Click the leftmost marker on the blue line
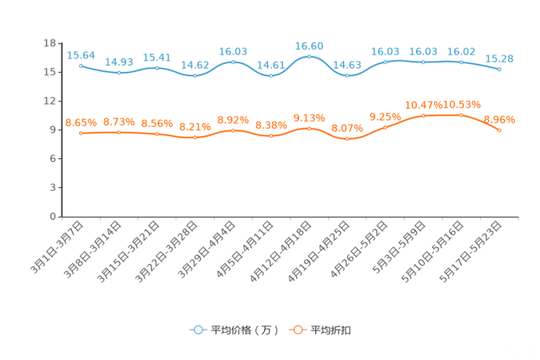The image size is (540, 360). (81, 65)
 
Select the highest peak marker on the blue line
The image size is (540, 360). (309, 56)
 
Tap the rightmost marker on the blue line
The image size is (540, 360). (499, 70)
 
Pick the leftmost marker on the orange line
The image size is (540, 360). (81, 133)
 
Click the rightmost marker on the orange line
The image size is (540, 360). (499, 130)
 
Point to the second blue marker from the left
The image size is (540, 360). (119, 72)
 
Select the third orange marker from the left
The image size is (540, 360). (157, 134)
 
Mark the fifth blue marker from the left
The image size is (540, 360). (233, 62)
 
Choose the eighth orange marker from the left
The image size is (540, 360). (347, 139)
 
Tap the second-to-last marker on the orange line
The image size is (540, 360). (461, 115)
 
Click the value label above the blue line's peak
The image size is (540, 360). (309, 46)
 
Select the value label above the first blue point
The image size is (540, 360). (81, 55)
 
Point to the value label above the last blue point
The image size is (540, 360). (499, 59)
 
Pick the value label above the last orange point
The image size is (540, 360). (499, 120)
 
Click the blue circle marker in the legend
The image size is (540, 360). (197, 330)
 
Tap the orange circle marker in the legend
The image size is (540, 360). (297, 330)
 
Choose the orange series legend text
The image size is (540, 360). (332, 330)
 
